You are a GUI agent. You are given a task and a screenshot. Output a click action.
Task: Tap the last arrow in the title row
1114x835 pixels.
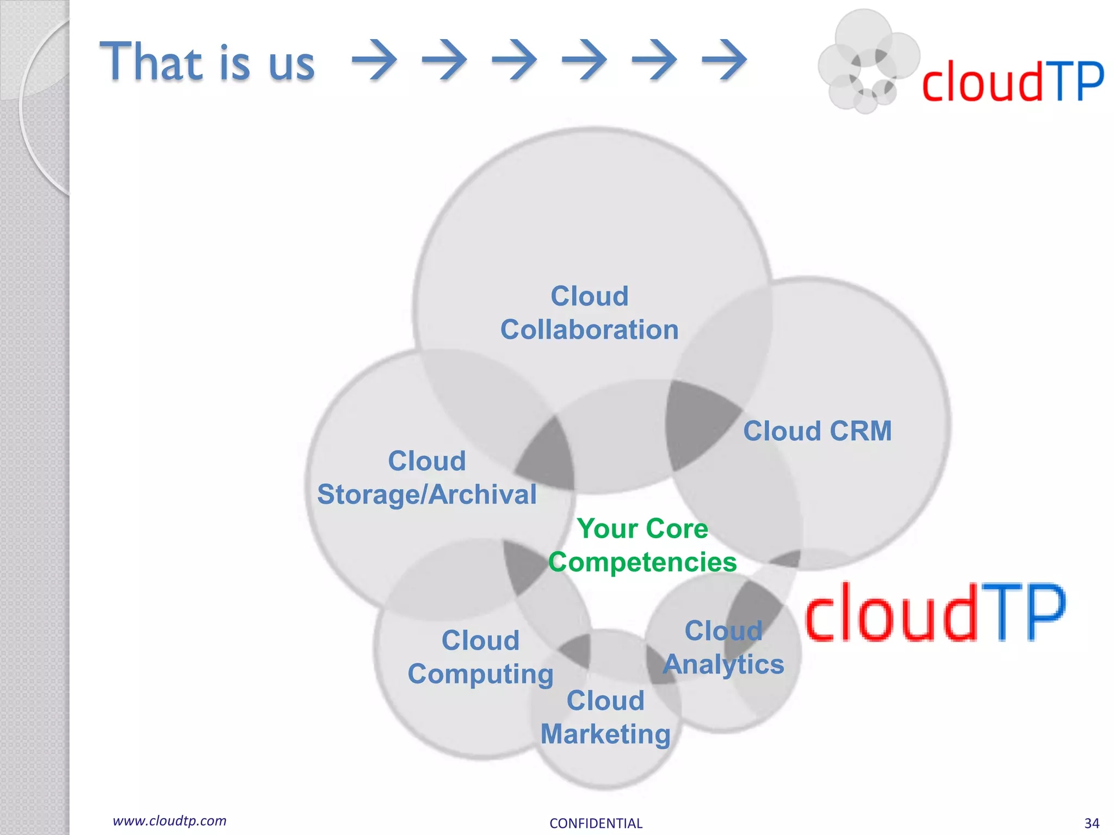tap(724, 60)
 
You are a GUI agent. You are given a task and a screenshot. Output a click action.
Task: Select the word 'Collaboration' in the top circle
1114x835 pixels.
tap(589, 330)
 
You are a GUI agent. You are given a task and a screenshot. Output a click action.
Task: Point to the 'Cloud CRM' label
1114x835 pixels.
tap(817, 431)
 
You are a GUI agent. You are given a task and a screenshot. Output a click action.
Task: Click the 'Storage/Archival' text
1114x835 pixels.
tap(426, 495)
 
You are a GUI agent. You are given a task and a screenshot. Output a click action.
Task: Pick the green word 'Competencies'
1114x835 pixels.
tap(642, 562)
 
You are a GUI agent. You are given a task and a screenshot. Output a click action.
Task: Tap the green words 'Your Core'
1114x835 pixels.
tap(642, 528)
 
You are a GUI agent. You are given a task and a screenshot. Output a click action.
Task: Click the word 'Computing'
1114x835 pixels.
tap(480, 675)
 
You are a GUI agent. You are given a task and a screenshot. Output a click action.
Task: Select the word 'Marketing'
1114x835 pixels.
tap(605, 734)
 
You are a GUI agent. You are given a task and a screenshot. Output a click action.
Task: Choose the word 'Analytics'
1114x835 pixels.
tap(723, 664)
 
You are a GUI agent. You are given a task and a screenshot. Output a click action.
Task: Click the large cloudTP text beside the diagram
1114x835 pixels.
tap(934, 612)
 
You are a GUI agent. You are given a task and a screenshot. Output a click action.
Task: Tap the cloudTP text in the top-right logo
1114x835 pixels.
tap(1012, 82)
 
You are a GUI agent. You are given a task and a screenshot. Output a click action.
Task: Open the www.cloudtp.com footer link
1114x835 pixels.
tap(169, 821)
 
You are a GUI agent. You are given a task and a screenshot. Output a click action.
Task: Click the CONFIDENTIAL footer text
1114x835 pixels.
tap(596, 823)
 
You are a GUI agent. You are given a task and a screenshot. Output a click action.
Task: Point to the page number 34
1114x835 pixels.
tap(1091, 823)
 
